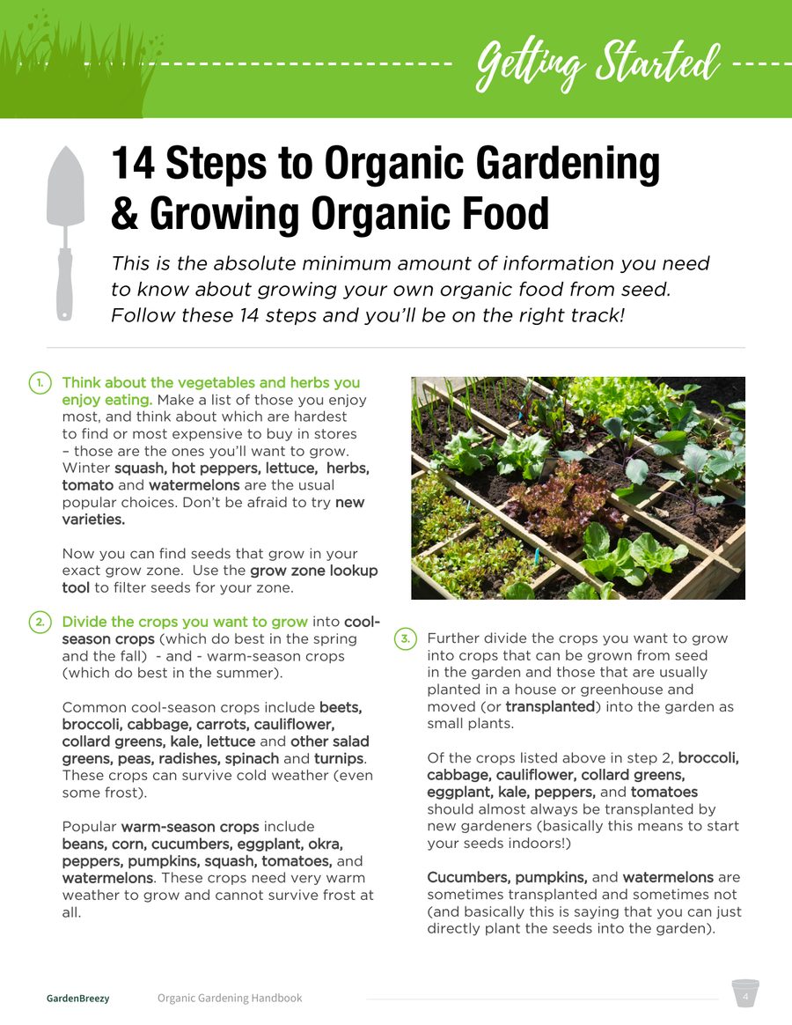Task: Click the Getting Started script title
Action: tap(598, 65)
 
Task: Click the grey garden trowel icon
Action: tap(65, 232)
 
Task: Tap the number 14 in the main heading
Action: tap(133, 164)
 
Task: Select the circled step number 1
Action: tap(40, 383)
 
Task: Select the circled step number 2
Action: tap(40, 623)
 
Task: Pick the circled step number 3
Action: tap(405, 638)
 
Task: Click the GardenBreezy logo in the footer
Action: tap(77, 999)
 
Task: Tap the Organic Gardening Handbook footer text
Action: tap(230, 999)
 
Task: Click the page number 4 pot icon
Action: tap(745, 993)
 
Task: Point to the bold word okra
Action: tap(326, 844)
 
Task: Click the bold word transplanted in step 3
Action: tap(550, 706)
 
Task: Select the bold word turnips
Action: tap(339, 759)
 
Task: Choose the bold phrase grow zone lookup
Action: tap(313, 571)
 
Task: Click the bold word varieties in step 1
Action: tap(93, 520)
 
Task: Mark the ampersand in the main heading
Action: tap(124, 214)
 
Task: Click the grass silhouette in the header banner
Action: tap(78, 65)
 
